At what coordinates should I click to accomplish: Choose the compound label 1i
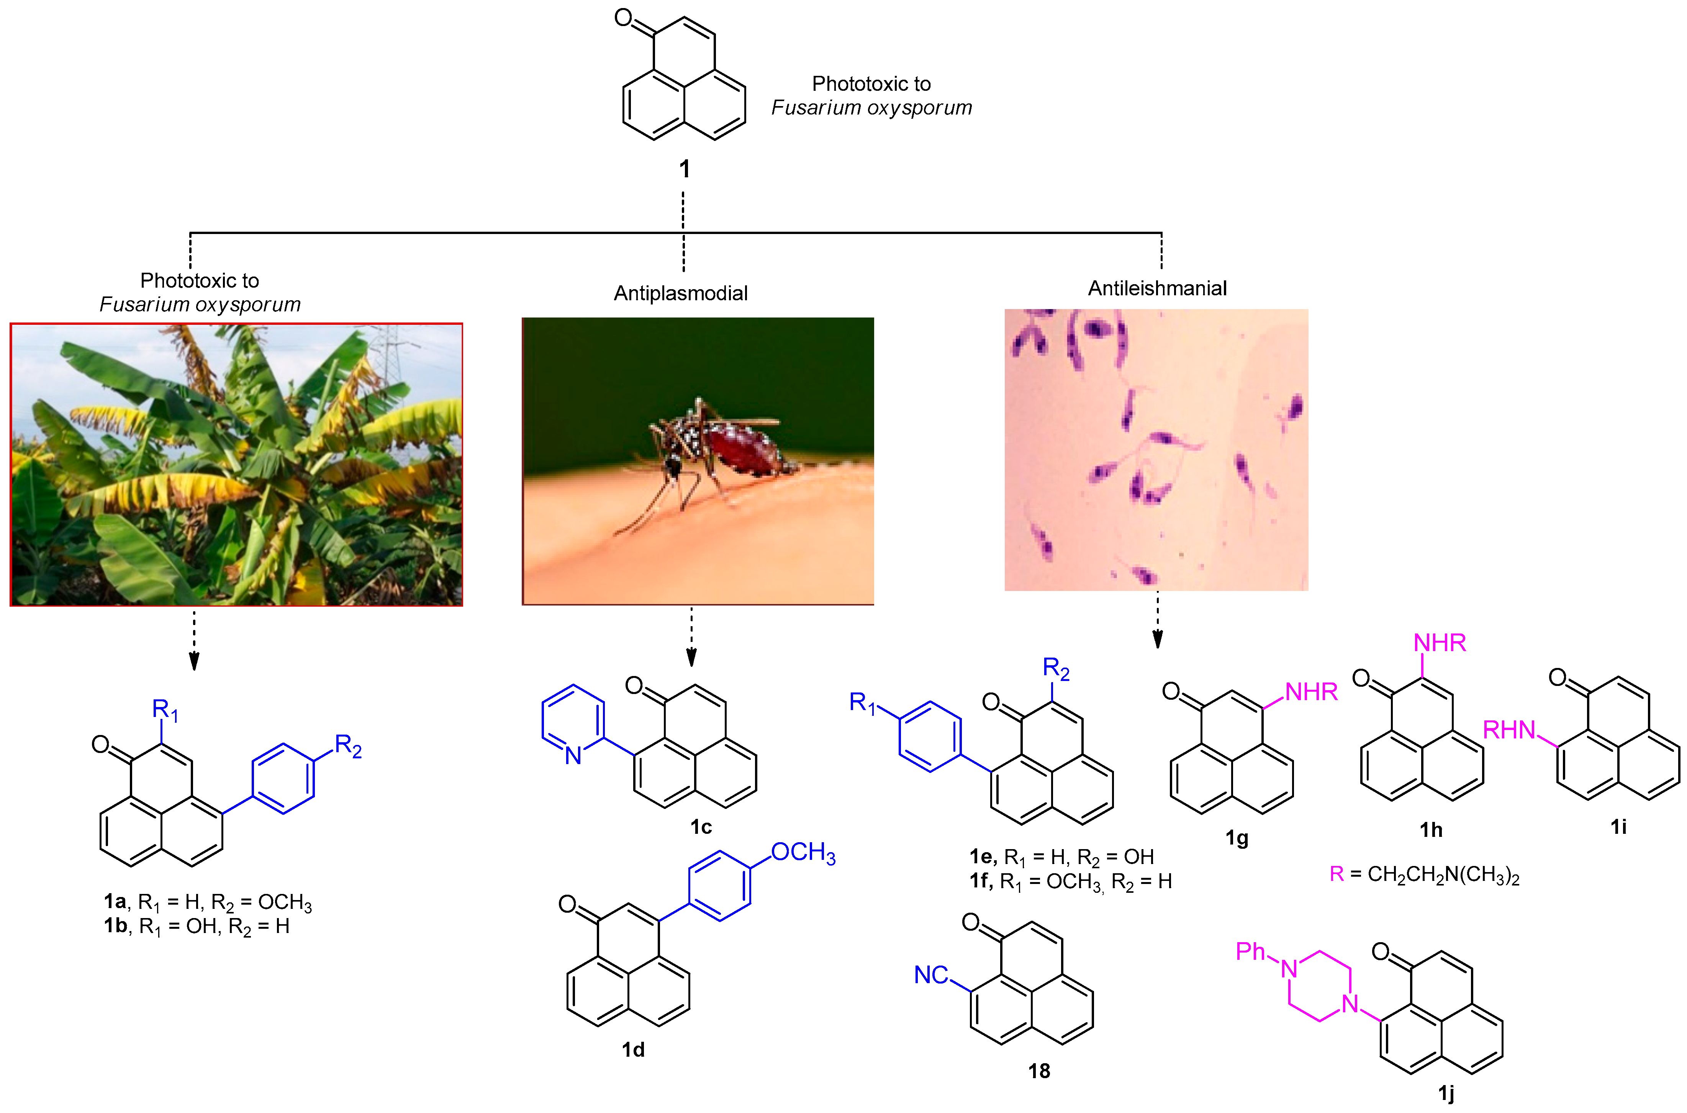[x=1618, y=827]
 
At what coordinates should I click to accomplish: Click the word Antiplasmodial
[x=681, y=293]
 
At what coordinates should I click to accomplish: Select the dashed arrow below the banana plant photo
[x=194, y=639]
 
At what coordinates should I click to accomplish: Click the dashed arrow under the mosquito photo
[x=691, y=637]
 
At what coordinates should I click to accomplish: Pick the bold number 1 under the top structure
[x=684, y=169]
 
